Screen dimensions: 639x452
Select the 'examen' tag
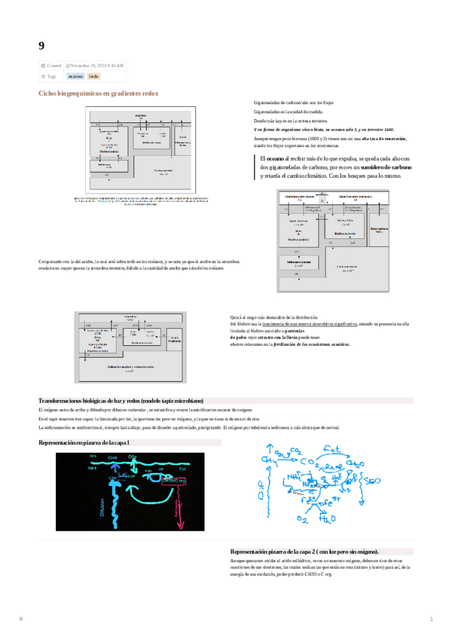click(75, 76)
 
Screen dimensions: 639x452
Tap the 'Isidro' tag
click(93, 76)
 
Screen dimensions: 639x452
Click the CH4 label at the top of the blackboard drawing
click(114, 457)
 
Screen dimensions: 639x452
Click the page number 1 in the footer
click(431, 619)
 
